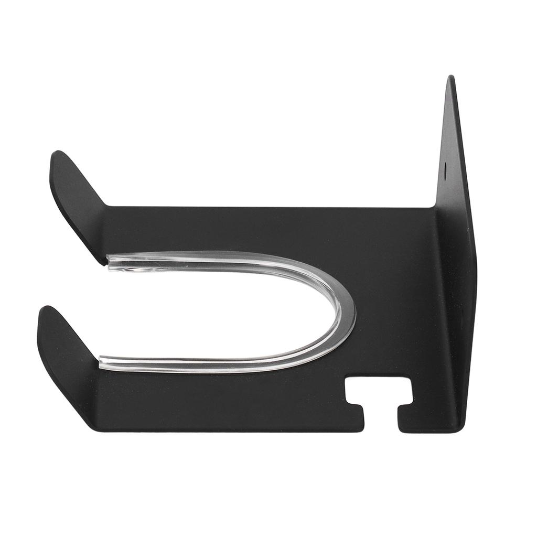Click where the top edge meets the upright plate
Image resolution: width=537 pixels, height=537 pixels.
436,208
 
